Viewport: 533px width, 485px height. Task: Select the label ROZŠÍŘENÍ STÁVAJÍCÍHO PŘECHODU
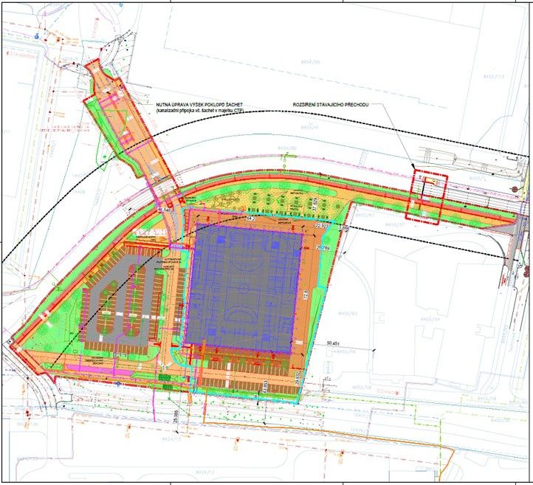[x=337, y=104]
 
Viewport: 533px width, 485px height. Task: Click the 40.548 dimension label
[x=168, y=210]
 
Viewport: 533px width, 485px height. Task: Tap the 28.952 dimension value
[x=298, y=378]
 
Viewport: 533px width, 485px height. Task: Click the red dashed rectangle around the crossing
[x=427, y=198]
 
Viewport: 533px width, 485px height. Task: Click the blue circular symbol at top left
[x=37, y=35]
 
